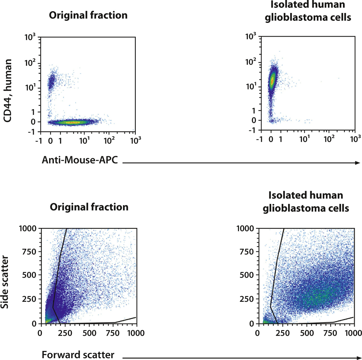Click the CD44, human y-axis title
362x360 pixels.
coord(8,90)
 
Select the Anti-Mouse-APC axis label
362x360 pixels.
coord(80,160)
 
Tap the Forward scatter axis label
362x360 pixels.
coord(78,355)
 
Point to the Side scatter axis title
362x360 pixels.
coord(5,282)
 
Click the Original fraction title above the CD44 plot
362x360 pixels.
coord(88,15)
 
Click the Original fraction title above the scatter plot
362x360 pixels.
coord(89,207)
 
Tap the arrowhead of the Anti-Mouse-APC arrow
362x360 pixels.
coord(358,163)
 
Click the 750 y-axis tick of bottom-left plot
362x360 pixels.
coord(29,252)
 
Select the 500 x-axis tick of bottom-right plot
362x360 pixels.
coord(307,333)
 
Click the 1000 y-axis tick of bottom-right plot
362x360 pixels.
coord(245,228)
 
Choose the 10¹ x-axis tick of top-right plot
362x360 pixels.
coord(305,139)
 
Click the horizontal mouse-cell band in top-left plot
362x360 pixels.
coord(72,122)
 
